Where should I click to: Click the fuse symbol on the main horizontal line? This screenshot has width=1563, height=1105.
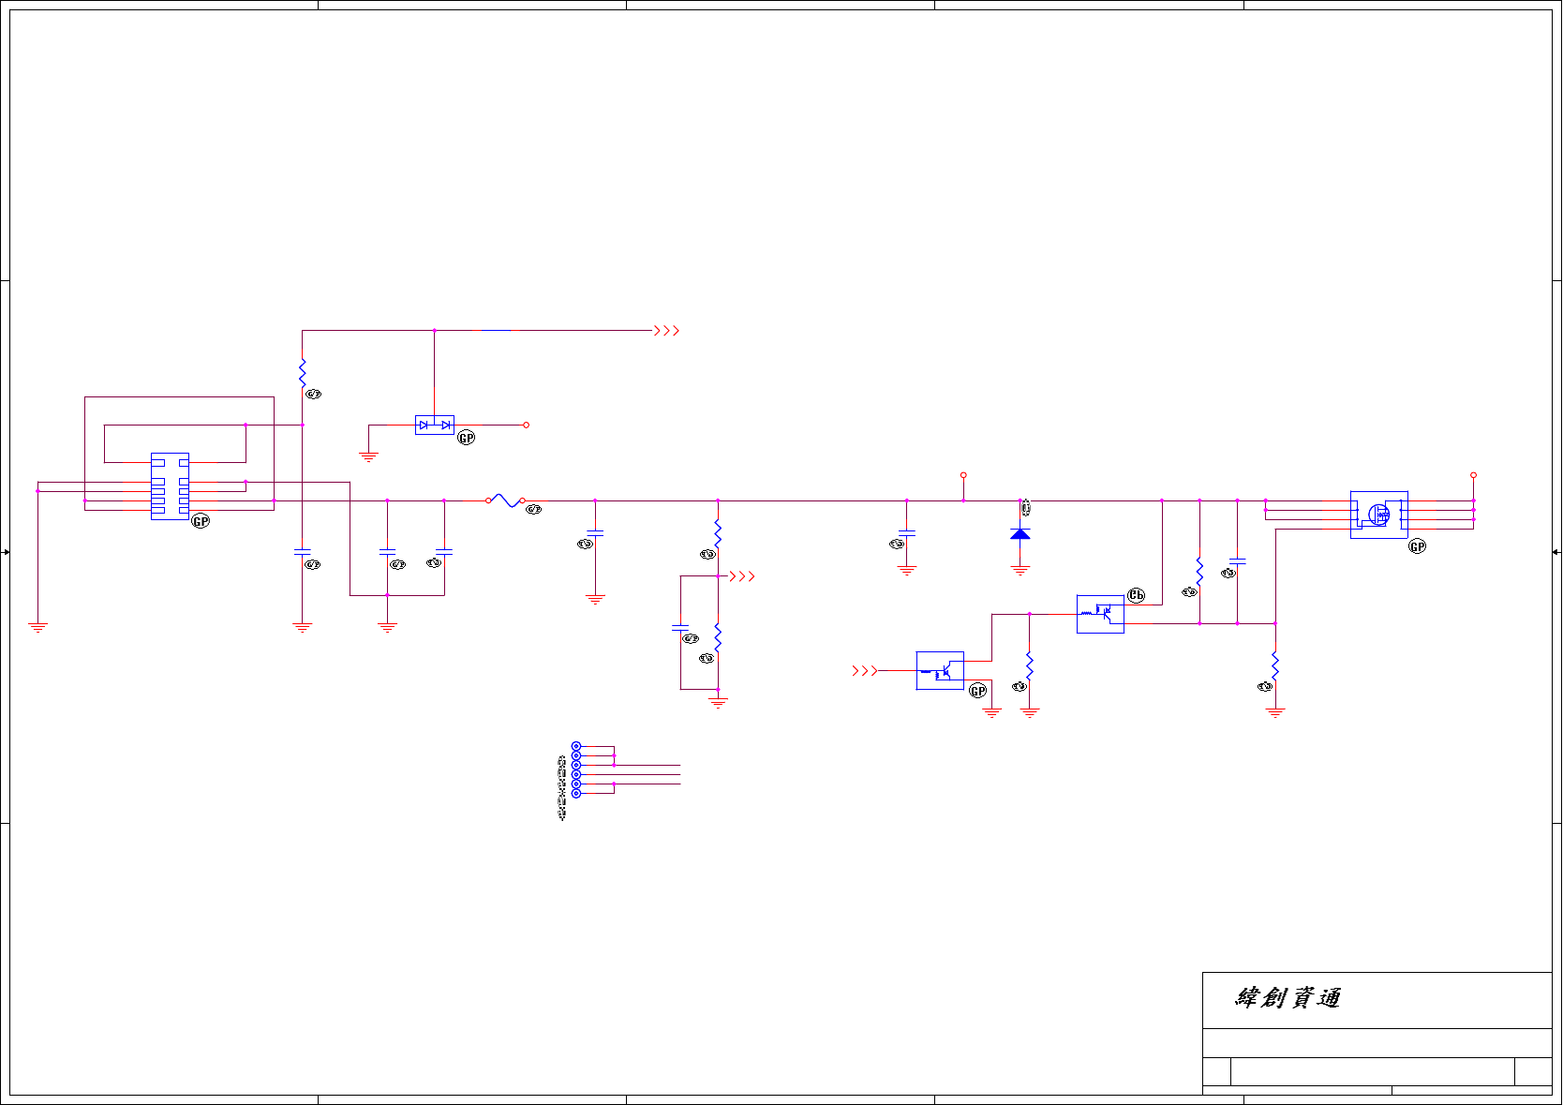(505, 500)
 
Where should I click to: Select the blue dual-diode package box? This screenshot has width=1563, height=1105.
(434, 425)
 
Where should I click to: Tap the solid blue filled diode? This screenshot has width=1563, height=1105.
(1020, 533)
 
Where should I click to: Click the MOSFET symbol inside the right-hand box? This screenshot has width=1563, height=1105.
(1378, 514)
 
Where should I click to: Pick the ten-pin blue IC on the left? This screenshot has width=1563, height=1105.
(170, 485)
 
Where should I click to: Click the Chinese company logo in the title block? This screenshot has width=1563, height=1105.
(1288, 998)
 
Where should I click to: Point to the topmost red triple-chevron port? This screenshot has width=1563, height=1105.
(666, 331)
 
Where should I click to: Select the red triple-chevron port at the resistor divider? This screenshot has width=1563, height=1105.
(742, 576)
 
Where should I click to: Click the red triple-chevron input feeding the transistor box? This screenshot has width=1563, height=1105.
(864, 671)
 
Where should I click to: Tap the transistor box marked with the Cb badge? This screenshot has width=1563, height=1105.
(1100, 614)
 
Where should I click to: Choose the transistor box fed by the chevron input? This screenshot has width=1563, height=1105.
(940, 671)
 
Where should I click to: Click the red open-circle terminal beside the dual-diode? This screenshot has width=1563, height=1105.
(527, 426)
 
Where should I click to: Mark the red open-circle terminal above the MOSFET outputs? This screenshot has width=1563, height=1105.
(1473, 475)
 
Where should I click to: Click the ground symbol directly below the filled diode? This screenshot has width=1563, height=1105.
(1020, 569)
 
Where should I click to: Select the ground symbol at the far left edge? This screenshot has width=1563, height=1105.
(37, 627)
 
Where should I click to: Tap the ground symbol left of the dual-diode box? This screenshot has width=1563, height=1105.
(368, 457)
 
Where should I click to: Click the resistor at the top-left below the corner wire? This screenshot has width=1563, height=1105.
(302, 373)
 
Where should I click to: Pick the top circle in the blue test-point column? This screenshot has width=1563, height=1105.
(576, 747)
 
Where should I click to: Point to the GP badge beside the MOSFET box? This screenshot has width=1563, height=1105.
(1418, 546)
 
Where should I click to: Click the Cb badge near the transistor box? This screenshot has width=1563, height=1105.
(1136, 595)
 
